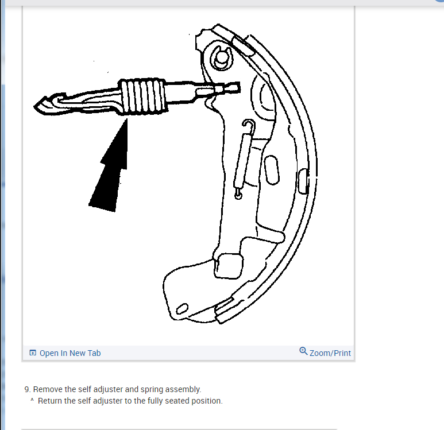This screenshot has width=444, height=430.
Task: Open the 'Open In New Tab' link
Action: point(70,353)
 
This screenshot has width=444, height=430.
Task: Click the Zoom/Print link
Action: point(330,353)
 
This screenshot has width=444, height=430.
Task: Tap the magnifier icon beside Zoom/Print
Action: point(303,351)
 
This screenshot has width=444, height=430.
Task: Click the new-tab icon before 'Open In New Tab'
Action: point(33,353)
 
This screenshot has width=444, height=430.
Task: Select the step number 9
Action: point(27,389)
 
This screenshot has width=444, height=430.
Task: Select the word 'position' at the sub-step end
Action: point(207,401)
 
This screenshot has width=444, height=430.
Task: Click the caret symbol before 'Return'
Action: point(32,400)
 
